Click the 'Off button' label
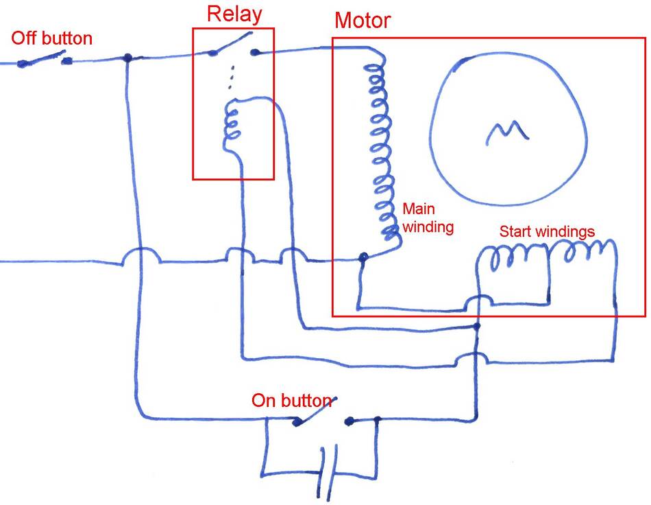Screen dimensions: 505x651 click(52, 38)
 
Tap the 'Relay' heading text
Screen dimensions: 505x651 click(234, 14)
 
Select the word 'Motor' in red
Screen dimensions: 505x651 click(363, 20)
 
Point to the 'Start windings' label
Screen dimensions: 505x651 click(547, 231)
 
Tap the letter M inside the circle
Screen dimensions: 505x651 click(507, 131)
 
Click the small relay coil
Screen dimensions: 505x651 click(233, 124)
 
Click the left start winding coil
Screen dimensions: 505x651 click(513, 257)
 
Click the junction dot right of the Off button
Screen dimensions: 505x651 click(127, 58)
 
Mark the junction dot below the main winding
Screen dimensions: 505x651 click(363, 258)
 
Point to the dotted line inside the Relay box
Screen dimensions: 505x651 click(231, 78)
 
